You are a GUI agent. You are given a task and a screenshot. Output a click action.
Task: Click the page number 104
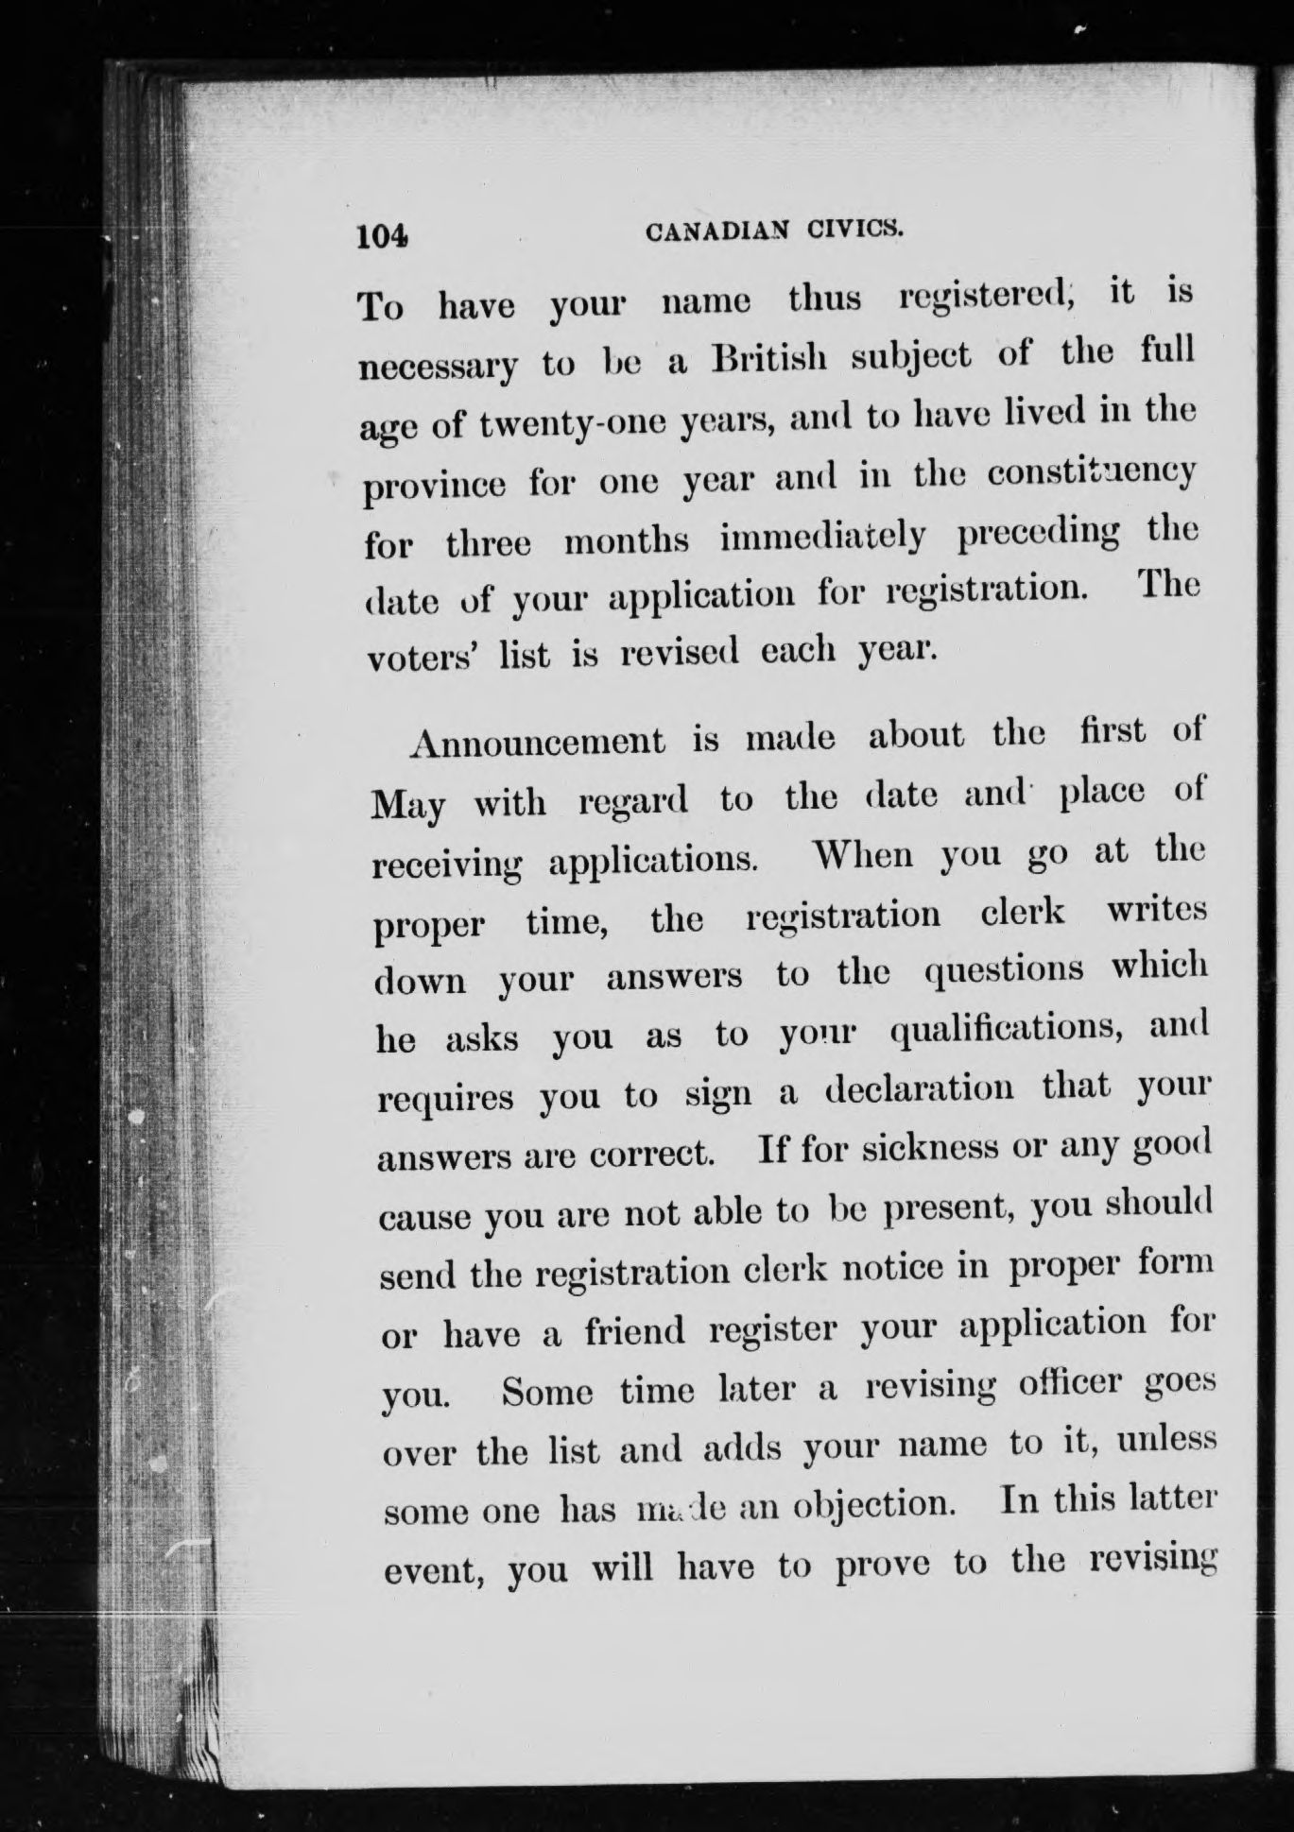click(x=382, y=236)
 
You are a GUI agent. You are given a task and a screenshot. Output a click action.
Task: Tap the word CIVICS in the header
click(x=853, y=229)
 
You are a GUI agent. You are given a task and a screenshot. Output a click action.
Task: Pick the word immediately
click(x=822, y=537)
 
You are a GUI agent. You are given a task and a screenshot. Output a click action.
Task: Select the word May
click(x=409, y=806)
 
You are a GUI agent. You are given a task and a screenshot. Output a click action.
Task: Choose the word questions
click(x=1004, y=970)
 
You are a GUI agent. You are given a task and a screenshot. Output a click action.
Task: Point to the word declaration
click(x=920, y=1089)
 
